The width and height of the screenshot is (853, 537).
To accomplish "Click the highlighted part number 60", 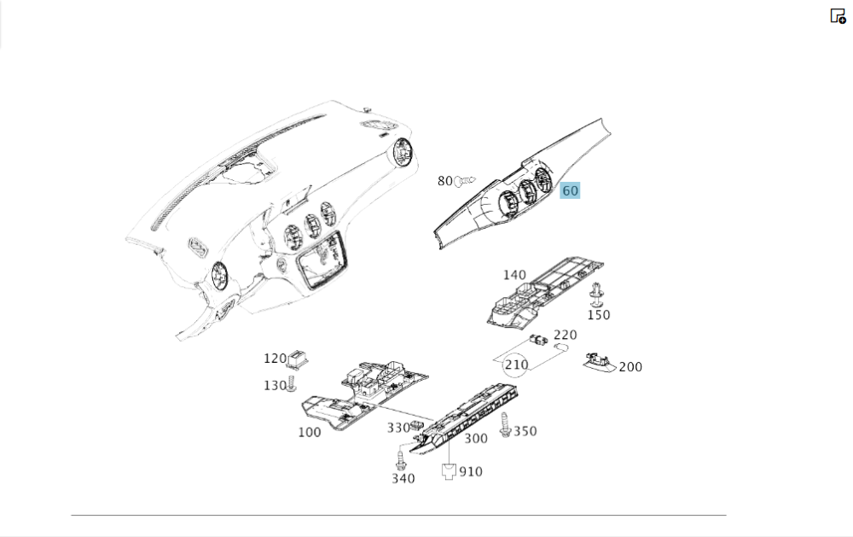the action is pos(570,190).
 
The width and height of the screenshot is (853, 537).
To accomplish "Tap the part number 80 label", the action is pos(445,181).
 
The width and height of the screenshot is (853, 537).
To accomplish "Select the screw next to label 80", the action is pos(465,180).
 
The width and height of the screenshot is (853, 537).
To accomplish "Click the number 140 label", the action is pos(514,275).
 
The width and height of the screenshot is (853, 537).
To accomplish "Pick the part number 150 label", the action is pos(599,315).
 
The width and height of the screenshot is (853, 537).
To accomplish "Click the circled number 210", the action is pos(516,365).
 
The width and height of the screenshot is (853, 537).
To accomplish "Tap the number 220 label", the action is pos(566,335).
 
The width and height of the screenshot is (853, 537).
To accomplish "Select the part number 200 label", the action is pos(630,367).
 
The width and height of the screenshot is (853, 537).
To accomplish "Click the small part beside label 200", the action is pos(600,362).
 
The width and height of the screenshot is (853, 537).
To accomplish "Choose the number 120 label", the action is pos(275,359).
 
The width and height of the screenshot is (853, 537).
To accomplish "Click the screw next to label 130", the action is pos(292,383).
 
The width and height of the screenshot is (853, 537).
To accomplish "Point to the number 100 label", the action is pos(310,433).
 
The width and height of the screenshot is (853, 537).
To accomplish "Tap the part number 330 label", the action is pos(398,428).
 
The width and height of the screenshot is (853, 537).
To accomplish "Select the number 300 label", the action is pos(476,439).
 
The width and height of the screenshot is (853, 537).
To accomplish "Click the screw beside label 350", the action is pos(505,425).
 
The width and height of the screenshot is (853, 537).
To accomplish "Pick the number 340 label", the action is pos(403,479).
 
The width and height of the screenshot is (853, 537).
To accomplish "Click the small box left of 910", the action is pos(449,471).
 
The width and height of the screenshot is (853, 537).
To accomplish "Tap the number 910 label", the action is pos(471,471).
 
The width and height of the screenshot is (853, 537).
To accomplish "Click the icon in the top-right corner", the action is pos(838,15).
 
